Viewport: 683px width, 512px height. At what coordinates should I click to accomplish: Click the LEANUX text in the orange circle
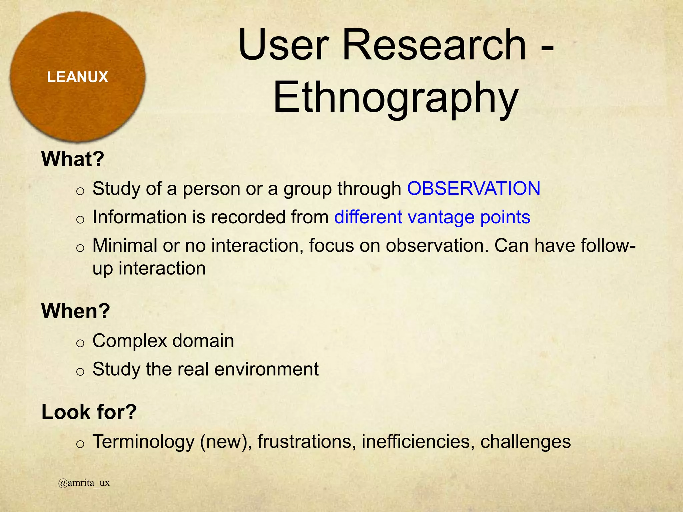pos(77,77)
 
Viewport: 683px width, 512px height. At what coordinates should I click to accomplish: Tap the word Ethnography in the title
pos(396,98)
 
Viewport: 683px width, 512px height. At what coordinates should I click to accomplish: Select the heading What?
pos(73,159)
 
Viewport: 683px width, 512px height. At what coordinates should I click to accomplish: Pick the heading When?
pos(75,311)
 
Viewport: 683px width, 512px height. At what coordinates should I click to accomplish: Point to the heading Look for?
pos(89,412)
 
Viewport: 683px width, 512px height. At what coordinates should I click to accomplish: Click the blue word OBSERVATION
pos(474,189)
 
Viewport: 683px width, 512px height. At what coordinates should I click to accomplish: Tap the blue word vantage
pos(441,217)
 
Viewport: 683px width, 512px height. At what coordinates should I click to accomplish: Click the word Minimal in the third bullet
pos(125,246)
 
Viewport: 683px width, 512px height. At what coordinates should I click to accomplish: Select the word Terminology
pos(143,442)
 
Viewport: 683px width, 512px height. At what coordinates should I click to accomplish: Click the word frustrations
pos(304,442)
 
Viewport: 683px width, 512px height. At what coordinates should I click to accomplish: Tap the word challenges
pos(526,442)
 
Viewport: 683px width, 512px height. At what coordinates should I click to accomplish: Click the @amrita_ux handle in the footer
pos(84,483)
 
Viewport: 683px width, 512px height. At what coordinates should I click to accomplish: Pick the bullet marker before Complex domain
pos(80,343)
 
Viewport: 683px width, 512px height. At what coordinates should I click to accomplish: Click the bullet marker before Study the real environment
pos(80,372)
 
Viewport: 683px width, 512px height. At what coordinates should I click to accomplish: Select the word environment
pos(266,370)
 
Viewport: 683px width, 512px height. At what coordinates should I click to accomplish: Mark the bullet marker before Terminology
pos(80,444)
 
